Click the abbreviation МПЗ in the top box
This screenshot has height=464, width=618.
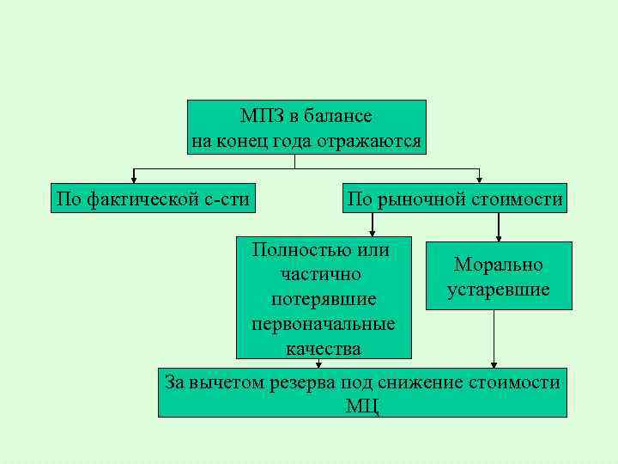tap(260, 116)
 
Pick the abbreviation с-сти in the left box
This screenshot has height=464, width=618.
tap(227, 200)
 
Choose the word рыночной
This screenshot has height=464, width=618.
tap(419, 200)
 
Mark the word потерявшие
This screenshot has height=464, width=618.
tap(323, 300)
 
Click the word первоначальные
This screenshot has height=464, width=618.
tap(323, 325)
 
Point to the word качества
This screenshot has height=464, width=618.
tap(324, 348)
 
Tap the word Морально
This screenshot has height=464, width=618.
tap(498, 265)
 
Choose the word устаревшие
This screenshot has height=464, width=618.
tap(498, 290)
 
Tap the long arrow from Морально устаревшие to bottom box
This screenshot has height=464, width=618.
tap(494, 339)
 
